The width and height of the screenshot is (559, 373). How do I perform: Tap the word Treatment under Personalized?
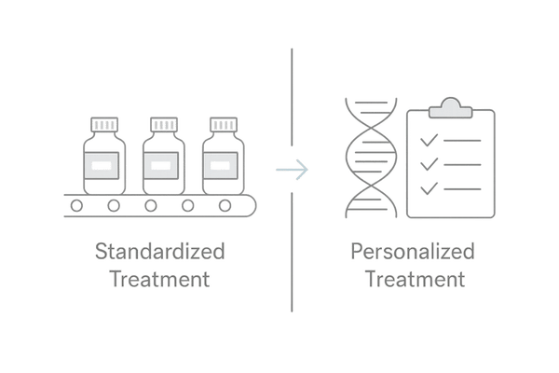pos(413,278)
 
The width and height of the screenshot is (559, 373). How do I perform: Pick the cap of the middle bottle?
pos(160,123)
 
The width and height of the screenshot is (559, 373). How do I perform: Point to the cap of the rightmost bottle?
pos(221,123)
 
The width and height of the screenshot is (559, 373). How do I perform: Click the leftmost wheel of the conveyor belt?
pos(77,204)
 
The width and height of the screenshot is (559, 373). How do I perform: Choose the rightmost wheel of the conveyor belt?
pos(225,204)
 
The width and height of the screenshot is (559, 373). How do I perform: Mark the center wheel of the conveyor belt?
pos(151,204)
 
